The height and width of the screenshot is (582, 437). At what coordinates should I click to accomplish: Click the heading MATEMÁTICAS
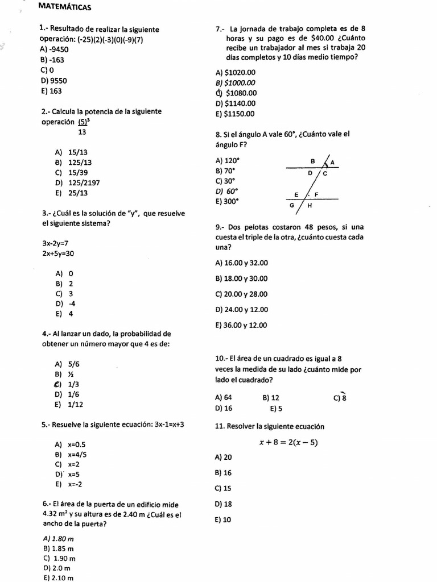64,7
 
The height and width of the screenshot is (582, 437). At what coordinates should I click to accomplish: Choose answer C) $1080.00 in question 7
236,93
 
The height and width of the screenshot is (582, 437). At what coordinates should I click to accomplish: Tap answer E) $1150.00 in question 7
236,114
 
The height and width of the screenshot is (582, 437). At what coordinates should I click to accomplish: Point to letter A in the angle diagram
333,163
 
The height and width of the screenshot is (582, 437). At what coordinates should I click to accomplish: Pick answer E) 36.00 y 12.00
241,326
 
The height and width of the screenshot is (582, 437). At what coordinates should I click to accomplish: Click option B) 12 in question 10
271,398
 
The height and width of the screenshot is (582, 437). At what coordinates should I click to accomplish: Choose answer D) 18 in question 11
224,504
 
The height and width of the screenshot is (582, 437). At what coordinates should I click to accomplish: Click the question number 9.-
220,226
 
